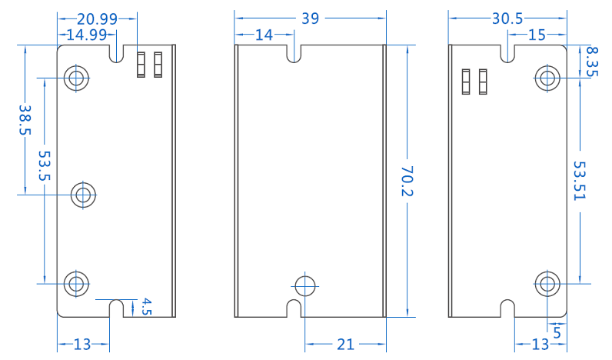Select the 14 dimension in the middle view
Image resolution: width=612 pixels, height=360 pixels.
[x=264, y=35]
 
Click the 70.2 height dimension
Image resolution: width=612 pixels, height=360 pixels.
[x=407, y=181]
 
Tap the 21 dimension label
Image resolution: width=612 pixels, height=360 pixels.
[x=345, y=345]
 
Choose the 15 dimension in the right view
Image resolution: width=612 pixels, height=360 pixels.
[x=537, y=35]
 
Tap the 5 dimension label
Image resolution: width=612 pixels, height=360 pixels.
[x=557, y=329]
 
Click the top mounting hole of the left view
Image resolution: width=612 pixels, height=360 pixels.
[x=76, y=77]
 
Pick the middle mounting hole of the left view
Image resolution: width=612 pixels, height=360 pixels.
[x=84, y=194]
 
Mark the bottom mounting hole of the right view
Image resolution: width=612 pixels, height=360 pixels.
[x=547, y=284]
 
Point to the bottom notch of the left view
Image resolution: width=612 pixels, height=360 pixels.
[x=117, y=308]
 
